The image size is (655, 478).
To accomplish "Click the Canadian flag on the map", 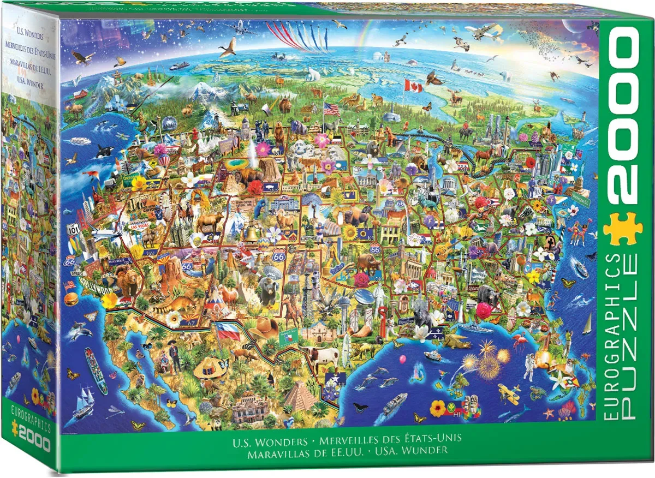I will click(413, 86).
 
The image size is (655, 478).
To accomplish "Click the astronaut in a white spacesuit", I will click(528, 366).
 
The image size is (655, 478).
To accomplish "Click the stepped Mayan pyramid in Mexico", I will click(300, 397).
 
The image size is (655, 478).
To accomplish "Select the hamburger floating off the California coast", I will click(71, 299).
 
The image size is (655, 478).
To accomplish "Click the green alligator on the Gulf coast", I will click(455, 343).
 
